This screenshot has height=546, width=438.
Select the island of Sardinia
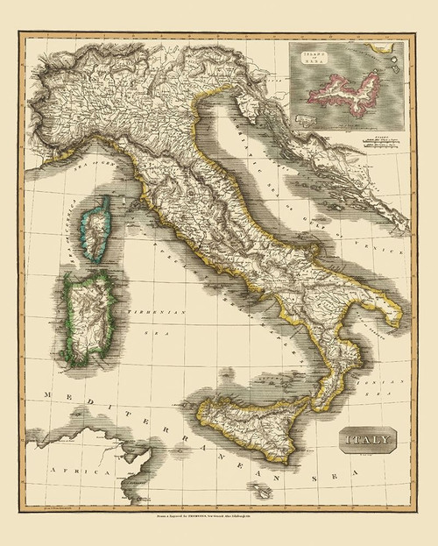[x=85, y=313]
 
